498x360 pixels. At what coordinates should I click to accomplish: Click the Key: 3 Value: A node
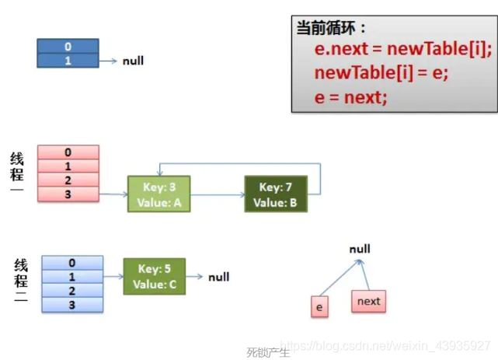click(158, 194)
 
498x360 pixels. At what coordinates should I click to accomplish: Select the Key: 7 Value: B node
click(275, 194)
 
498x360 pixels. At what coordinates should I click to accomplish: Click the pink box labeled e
click(318, 306)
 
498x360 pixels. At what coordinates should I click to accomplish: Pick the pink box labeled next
click(368, 301)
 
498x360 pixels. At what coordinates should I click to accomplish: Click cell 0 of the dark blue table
click(68, 47)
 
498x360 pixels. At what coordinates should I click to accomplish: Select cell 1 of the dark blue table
click(68, 60)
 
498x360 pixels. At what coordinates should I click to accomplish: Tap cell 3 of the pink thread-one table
click(68, 194)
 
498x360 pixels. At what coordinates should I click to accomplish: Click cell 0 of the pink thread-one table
click(68, 152)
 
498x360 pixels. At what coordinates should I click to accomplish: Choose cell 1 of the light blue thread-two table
click(71, 277)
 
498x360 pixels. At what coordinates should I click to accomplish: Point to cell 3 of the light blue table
click(71, 305)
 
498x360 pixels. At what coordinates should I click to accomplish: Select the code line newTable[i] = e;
click(381, 74)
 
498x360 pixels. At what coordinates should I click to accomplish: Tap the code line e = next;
click(350, 97)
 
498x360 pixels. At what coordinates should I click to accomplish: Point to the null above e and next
click(360, 249)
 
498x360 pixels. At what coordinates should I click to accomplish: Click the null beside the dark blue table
click(133, 61)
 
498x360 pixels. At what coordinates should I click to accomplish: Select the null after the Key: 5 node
click(218, 277)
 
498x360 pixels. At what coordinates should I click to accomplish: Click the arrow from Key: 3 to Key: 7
click(217, 195)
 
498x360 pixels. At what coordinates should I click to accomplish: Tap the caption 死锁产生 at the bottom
click(268, 352)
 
